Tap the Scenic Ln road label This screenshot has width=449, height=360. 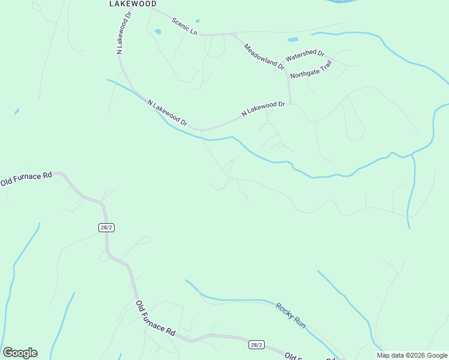point(184,26)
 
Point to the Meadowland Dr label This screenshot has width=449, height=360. point(264,56)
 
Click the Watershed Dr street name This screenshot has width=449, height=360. point(304,56)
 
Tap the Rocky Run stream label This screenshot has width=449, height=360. point(291,315)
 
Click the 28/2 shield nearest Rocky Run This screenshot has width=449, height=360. point(256,344)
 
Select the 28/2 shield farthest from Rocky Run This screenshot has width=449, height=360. point(106,227)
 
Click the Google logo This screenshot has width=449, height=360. point(20,353)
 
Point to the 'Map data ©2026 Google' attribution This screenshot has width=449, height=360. point(412,355)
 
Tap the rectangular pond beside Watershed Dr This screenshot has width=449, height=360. point(292,40)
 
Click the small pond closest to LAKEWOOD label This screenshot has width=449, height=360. point(158,31)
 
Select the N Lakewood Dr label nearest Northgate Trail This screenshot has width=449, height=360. point(263,109)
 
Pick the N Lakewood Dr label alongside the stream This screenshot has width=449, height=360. point(167,113)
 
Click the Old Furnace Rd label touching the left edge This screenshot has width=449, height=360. point(26,178)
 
